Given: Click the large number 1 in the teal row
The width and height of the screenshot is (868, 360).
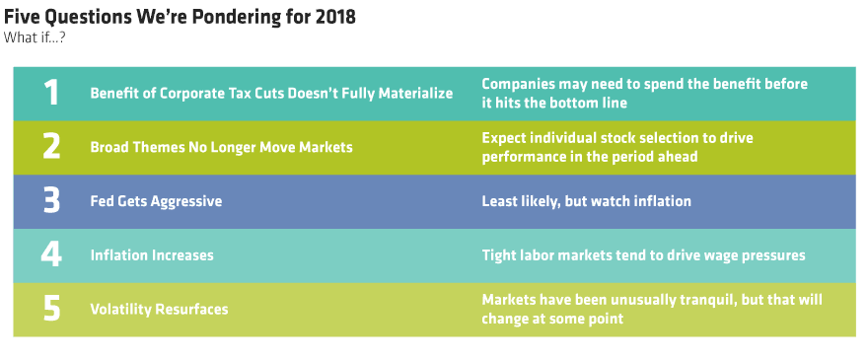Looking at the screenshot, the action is [x=51, y=93].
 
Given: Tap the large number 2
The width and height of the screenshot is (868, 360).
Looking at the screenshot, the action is [x=51, y=147].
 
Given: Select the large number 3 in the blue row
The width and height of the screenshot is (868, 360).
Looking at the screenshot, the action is [x=51, y=200].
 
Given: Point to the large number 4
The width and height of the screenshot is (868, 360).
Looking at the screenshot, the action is [x=51, y=254].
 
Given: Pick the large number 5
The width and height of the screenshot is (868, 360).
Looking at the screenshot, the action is [x=51, y=309].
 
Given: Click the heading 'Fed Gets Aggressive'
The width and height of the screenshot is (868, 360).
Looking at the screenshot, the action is [x=156, y=201].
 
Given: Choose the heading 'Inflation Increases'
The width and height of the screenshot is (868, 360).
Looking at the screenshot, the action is [x=152, y=255].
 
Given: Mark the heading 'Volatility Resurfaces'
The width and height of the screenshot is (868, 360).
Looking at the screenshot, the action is [x=159, y=309].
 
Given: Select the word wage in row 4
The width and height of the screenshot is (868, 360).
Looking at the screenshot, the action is [x=720, y=255].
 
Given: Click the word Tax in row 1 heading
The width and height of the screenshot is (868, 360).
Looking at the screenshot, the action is [x=246, y=93].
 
